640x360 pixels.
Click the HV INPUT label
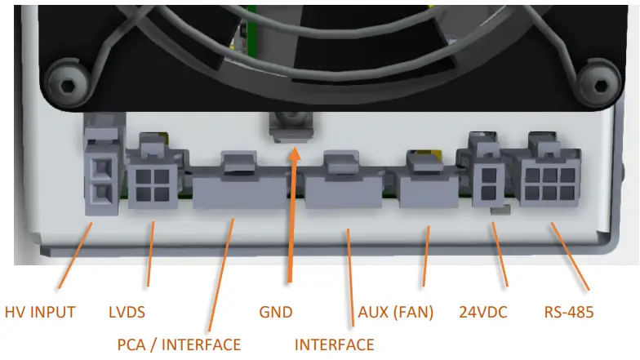[x=40, y=312]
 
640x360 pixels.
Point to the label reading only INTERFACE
[x=334, y=344]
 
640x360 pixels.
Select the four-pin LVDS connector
[x=151, y=184]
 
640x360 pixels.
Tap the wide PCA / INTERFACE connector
[x=233, y=184]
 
